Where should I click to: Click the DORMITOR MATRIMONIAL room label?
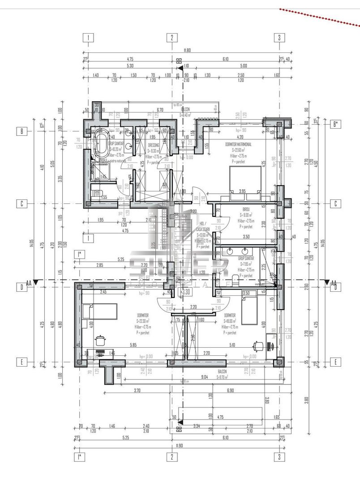238,145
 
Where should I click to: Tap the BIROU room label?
246,209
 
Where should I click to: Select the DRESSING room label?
154,145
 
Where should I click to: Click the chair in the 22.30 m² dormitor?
100,341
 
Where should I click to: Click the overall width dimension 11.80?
181,51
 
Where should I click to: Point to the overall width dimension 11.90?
180,446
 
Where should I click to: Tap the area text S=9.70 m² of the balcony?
223,377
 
